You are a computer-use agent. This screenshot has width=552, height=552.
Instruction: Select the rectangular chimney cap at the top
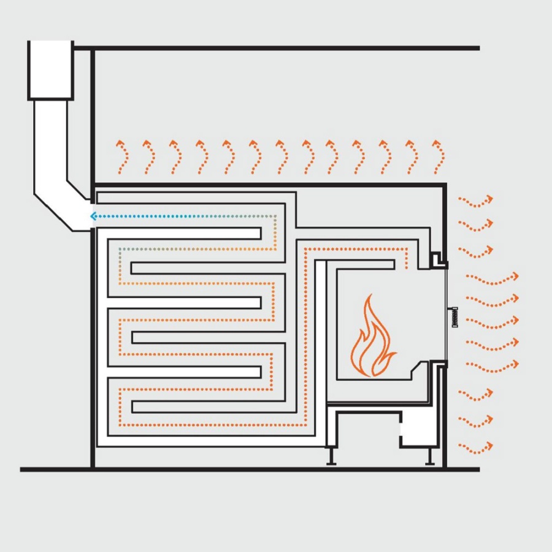tap(50, 70)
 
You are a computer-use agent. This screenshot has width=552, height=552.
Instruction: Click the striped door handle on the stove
tap(454, 316)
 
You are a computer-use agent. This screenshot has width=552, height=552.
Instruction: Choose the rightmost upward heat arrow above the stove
tap(437, 157)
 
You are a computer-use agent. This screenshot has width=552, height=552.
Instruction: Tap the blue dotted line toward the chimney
tap(184, 216)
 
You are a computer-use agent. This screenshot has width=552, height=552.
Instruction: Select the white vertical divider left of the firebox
tap(320, 343)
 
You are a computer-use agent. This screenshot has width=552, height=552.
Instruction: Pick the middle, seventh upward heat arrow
tap(280, 157)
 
